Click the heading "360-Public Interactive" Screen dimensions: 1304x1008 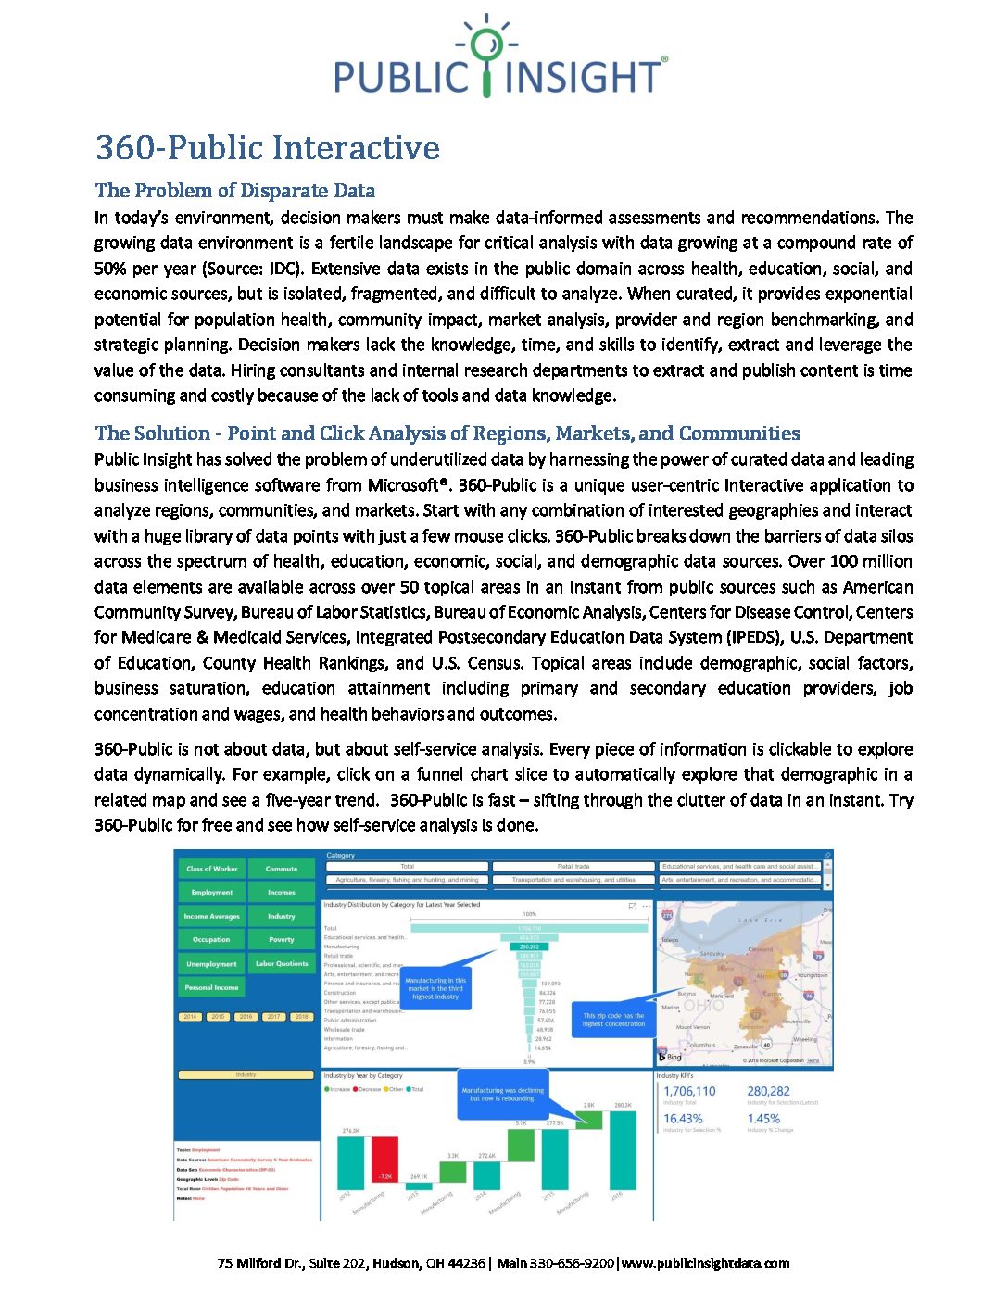tap(267, 148)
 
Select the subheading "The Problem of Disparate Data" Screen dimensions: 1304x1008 tap(234, 191)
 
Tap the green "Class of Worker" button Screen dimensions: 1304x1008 tap(212, 869)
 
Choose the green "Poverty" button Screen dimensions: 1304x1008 tap(282, 939)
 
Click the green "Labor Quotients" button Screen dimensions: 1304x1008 tap(282, 963)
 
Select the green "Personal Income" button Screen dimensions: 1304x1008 tap(212, 987)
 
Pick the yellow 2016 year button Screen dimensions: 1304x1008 tap(246, 1016)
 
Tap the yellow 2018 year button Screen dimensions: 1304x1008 tap(301, 1016)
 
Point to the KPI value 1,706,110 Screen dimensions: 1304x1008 tap(689, 1092)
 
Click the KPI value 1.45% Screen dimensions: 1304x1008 tap(763, 1118)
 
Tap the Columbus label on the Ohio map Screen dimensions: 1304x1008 tap(700, 1045)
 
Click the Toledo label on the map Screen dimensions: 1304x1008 tap(670, 939)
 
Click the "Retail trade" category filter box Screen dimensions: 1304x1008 tap(573, 867)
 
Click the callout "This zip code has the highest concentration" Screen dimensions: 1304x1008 tap(613, 1019)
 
